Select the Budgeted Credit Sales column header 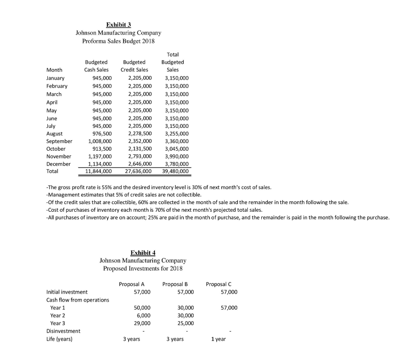click(x=134, y=66)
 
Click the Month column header click(x=54, y=70)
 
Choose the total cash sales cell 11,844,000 click(x=99, y=171)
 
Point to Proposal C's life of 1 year click(x=218, y=339)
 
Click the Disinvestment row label click(x=63, y=331)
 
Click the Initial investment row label click(x=67, y=292)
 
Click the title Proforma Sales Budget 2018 click(x=118, y=41)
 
